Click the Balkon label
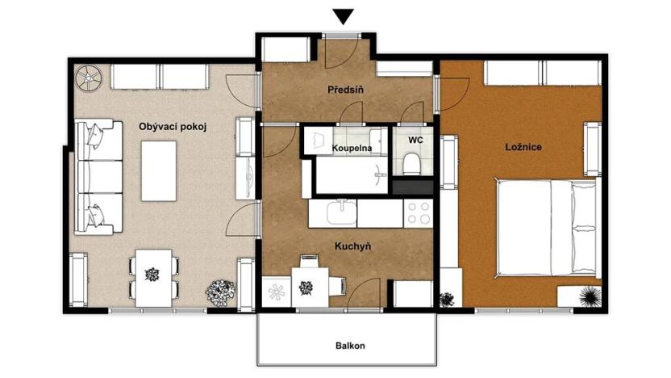(x=350, y=346)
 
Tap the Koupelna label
(x=352, y=149)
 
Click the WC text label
(x=415, y=140)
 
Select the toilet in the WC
(x=413, y=165)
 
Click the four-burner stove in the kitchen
(x=419, y=213)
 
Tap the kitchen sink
(x=340, y=212)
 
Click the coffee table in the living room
(x=160, y=170)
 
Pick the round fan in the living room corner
(x=87, y=78)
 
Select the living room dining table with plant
(x=152, y=275)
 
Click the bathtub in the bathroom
(x=350, y=175)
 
